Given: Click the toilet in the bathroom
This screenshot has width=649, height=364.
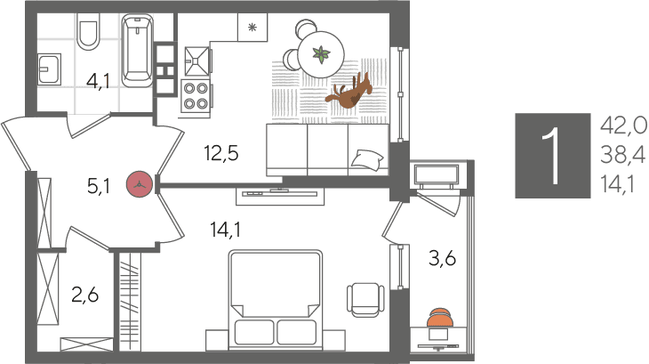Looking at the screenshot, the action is tap(88, 31).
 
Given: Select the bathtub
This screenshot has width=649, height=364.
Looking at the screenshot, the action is tap(137, 51).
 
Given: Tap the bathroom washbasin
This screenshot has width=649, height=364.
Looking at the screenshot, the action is tap(50, 69).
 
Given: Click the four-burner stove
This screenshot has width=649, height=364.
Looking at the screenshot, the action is tap(196, 96).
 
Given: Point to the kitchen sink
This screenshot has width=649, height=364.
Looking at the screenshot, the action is tap(196, 61).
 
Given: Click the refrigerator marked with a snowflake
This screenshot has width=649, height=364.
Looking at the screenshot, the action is tap(252, 28).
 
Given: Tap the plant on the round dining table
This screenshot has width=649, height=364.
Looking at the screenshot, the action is tap(321, 54).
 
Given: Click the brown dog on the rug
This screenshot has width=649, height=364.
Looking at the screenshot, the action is tap(349, 91).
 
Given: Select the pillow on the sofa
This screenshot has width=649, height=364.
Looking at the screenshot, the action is tap(367, 159).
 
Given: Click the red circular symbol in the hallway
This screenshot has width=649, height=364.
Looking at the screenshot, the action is tap(140, 184).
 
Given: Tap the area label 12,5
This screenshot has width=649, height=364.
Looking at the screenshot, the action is tap(221, 153).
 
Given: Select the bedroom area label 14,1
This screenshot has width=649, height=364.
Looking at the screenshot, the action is tap(226, 229).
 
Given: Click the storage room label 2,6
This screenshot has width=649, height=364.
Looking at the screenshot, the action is tap(84, 295).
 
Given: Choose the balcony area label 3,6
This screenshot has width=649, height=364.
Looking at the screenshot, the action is tap(442, 258).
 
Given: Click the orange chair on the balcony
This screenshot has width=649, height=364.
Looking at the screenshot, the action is tap(440, 317).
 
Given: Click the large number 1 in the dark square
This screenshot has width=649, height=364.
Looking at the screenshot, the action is tap(552, 155).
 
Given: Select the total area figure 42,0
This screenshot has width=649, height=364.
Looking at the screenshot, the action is tap(623, 125).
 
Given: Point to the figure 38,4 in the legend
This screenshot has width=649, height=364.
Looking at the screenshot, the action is tap(623, 155).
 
